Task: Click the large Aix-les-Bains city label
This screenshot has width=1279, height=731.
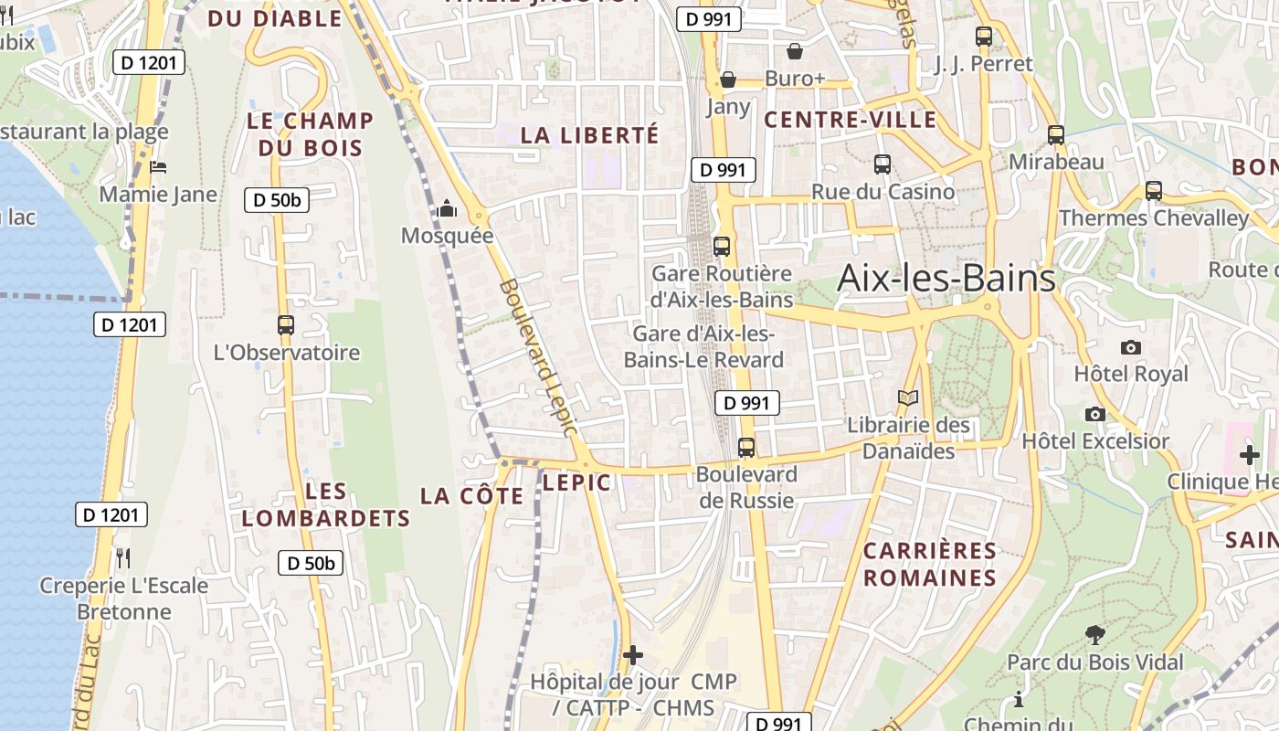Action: coord(946,278)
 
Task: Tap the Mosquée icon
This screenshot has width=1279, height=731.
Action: coord(447,209)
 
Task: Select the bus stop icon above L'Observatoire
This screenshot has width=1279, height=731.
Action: coord(286,325)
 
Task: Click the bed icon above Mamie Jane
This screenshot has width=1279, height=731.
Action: coord(158,167)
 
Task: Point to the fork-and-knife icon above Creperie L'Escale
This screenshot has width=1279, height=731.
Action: coord(123,557)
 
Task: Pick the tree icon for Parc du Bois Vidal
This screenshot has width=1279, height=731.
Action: coord(1094,634)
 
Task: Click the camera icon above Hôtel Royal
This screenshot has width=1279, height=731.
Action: coord(1131,347)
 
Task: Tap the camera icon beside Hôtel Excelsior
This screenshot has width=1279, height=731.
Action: coord(1095,414)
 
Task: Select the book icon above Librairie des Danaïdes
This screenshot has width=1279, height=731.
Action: coord(907,398)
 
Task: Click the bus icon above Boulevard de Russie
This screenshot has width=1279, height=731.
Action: coord(746,448)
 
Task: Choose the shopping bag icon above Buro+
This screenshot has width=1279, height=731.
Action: coord(795,51)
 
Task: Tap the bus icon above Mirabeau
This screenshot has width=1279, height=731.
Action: coord(1056,135)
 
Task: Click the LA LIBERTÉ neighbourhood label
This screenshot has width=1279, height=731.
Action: coord(589,135)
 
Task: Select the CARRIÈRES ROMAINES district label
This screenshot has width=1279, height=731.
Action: coord(930,564)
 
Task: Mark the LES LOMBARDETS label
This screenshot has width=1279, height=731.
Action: coord(326,504)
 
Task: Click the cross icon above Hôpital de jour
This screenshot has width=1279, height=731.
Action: coord(632,655)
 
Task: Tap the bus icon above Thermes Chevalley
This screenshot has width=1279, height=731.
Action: coord(1154,191)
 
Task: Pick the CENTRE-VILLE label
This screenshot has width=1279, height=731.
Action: coord(851,120)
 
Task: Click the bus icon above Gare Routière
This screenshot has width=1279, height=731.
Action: coord(722,246)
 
